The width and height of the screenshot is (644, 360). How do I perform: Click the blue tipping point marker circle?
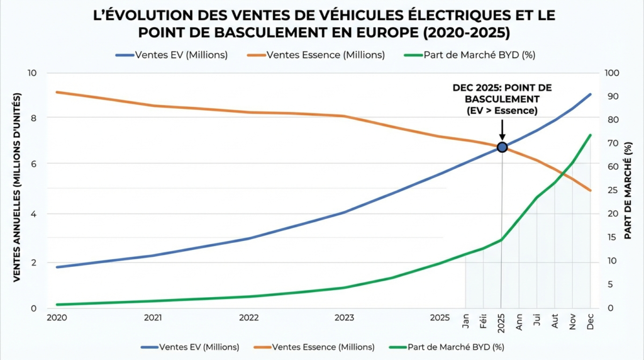502,147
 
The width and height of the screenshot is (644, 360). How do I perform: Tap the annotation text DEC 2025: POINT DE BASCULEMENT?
502,93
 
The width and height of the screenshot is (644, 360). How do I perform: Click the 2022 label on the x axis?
249,318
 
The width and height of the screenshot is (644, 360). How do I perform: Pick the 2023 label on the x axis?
345,318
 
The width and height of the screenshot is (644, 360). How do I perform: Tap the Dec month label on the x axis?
591,321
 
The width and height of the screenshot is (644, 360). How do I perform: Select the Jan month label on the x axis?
466,321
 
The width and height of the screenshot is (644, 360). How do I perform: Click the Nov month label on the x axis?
573,321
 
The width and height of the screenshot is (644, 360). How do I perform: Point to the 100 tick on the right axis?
612,73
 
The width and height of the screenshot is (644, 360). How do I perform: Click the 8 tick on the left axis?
33,118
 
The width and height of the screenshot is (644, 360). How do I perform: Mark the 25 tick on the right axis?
609,190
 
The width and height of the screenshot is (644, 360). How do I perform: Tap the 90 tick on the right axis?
609,96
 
